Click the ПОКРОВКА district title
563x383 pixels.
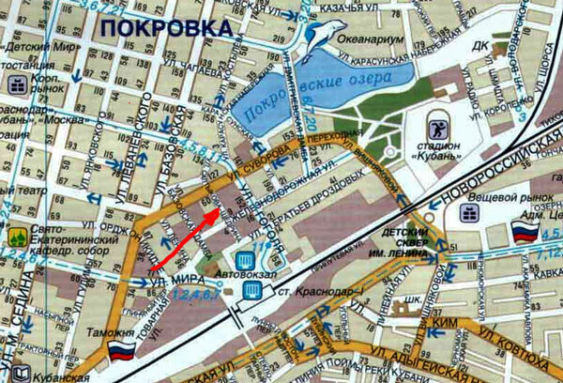coord(164,28)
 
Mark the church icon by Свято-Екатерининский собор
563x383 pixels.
coord(15,237)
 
